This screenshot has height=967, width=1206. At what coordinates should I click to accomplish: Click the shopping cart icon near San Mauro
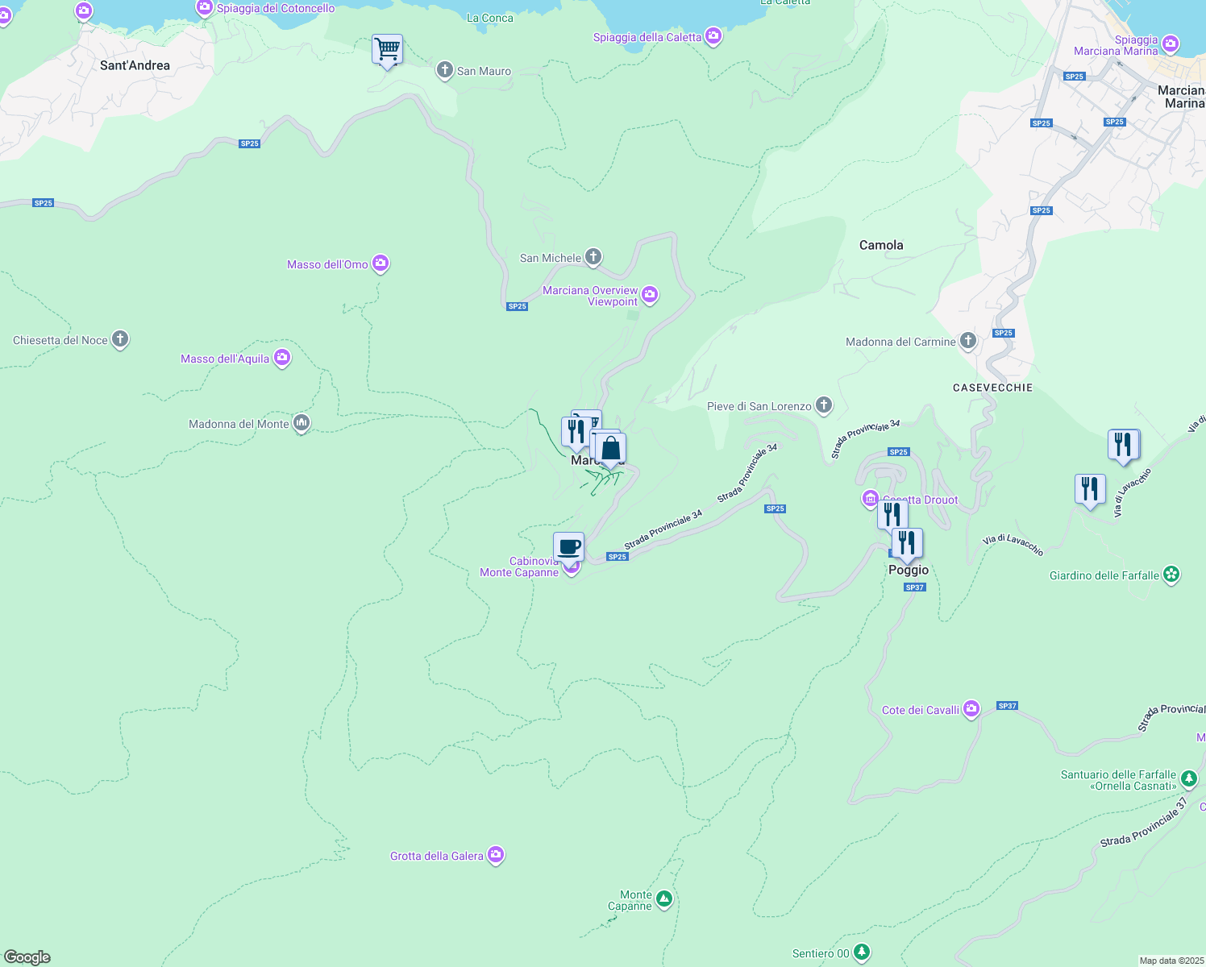387,50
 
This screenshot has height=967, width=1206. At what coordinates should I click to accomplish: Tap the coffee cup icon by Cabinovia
568,546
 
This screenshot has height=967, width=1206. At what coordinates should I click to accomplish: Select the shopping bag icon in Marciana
610,448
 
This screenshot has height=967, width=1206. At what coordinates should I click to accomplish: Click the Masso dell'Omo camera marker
381,264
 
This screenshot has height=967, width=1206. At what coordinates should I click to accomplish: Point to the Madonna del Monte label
239,424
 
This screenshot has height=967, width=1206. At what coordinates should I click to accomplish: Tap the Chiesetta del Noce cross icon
120,339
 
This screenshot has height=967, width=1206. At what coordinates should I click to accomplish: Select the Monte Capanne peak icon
663,898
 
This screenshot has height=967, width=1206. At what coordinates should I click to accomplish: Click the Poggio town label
909,570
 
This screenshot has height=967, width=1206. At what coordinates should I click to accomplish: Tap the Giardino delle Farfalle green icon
1171,575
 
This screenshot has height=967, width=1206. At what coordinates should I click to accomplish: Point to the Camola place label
881,245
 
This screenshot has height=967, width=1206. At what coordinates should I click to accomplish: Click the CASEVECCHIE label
992,388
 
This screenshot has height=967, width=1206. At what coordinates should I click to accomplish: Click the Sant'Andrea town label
135,65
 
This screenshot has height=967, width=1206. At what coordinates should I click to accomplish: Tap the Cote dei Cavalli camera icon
971,709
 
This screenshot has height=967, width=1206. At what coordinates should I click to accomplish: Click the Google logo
27,957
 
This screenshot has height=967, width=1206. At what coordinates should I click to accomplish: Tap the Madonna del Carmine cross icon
967,341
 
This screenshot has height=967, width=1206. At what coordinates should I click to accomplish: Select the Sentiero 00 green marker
862,952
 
